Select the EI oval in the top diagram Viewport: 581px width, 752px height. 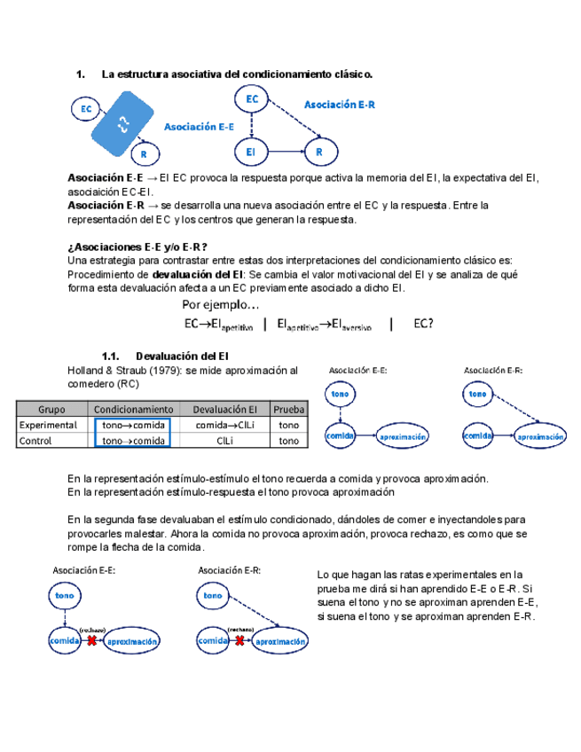click(252, 153)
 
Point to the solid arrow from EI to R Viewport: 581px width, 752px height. click(285, 153)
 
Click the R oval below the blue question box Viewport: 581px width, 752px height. click(143, 154)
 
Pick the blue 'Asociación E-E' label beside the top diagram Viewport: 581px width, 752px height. click(200, 127)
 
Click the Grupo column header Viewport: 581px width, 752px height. click(51, 410)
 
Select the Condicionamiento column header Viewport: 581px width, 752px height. click(134, 410)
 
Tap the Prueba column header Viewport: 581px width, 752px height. click(289, 410)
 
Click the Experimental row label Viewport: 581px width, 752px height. click(49, 425)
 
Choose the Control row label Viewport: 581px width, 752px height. click(36, 439)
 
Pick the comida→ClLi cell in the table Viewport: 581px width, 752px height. click(225, 425)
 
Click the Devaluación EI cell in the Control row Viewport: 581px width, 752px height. click(225, 439)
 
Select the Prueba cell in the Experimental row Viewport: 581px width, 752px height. click(289, 425)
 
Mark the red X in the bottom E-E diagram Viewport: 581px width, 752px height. click(91, 639)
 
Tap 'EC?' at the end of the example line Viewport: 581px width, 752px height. click(424, 324)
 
